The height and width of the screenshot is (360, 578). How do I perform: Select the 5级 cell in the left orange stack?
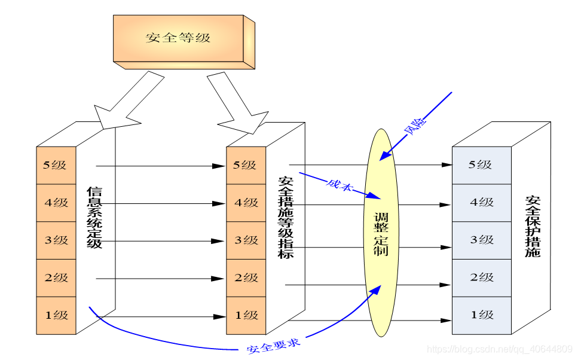(x=56, y=165)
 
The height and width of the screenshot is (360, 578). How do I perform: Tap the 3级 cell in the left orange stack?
(x=56, y=240)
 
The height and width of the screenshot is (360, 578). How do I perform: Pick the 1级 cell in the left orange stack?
(x=56, y=315)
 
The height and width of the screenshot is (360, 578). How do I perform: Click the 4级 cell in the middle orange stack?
(x=245, y=203)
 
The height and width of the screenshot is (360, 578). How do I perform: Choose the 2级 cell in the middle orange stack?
(x=245, y=277)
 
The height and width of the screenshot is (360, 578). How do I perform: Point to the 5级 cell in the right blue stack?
(x=481, y=165)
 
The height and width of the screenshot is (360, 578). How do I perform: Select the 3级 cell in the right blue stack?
(x=481, y=240)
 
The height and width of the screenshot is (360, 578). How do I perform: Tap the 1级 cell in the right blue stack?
(x=481, y=315)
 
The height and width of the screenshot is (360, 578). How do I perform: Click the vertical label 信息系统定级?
(x=94, y=218)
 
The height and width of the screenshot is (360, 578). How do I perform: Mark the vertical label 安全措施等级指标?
(x=286, y=218)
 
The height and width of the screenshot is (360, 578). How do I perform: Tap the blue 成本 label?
(x=340, y=185)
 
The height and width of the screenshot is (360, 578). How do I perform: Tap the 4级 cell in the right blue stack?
(x=481, y=203)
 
